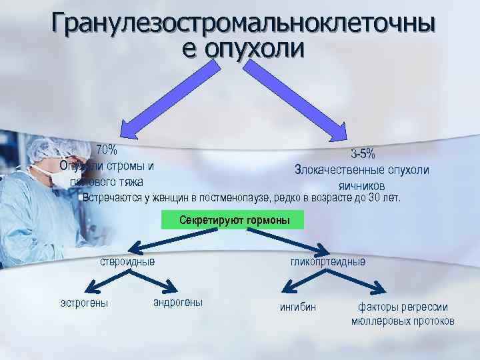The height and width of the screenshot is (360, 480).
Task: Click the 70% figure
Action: coord(106,149)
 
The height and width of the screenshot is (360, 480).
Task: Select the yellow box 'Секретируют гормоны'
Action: coord(233,220)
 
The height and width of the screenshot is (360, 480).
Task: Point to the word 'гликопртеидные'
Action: coord(327,261)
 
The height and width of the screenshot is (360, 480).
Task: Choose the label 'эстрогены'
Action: coord(84,304)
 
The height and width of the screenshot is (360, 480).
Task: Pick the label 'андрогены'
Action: coord(178,303)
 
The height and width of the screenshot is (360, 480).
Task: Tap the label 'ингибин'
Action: coord(297,308)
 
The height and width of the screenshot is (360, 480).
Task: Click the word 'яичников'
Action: coord(361,185)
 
